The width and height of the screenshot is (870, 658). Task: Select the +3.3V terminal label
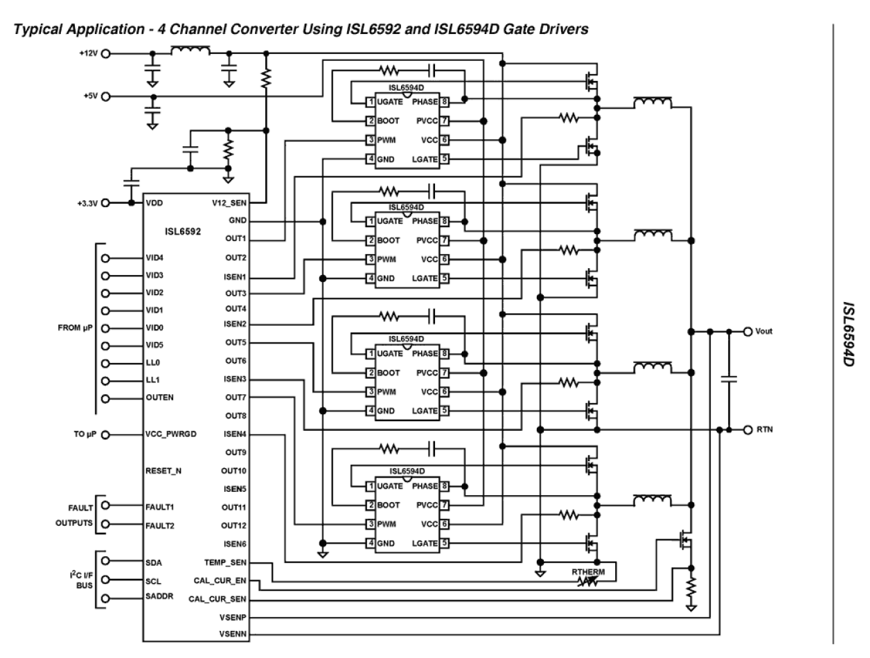tap(87, 203)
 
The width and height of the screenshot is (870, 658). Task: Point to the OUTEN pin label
tap(159, 398)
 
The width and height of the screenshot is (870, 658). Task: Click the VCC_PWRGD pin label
tap(170, 435)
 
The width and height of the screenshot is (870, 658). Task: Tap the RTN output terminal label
tap(765, 429)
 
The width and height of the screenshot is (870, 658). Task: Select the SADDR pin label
tap(159, 598)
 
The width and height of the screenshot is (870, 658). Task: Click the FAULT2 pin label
tap(160, 525)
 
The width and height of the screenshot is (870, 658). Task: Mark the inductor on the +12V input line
tap(190, 50)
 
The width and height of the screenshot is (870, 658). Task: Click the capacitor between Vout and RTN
tap(729, 379)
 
